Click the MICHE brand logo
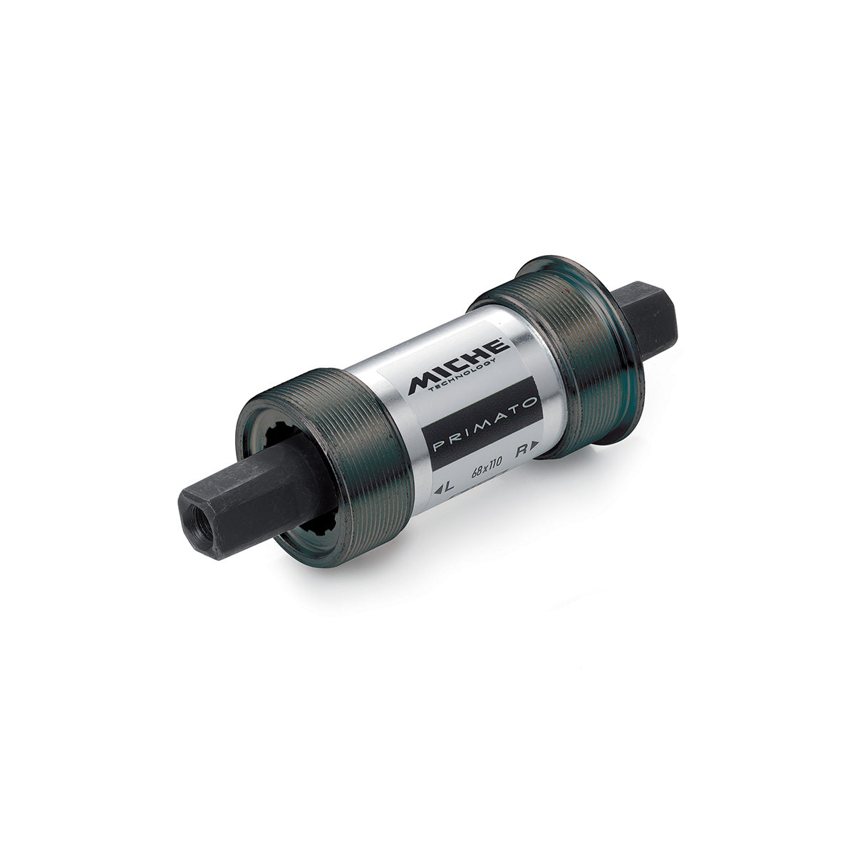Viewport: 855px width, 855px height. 459,366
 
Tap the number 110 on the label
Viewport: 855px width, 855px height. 494,464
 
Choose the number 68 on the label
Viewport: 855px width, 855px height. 477,472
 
